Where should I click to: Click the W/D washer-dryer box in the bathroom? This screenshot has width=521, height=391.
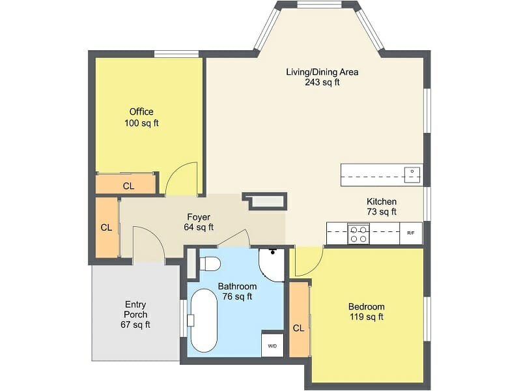point(272,345)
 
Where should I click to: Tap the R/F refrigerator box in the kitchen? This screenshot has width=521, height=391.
point(410,233)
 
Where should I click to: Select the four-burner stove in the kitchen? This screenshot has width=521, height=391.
point(358,233)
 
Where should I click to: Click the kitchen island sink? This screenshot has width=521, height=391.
point(412,174)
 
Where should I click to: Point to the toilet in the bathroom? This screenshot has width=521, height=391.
point(208,264)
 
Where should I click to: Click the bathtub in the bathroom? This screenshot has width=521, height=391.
point(203,320)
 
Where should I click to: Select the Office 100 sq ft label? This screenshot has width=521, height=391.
point(141,117)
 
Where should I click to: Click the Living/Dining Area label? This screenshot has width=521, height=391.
point(322,77)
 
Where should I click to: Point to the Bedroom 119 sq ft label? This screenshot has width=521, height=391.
point(366,311)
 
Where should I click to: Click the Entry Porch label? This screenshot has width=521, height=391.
point(135,314)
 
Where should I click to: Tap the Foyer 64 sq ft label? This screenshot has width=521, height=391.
point(199,222)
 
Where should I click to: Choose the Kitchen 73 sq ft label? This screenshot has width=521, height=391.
point(381,207)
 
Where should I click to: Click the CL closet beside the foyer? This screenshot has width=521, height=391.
point(106,227)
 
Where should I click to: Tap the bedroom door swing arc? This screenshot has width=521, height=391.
point(307,261)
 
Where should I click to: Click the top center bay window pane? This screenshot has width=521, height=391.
point(318,5)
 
